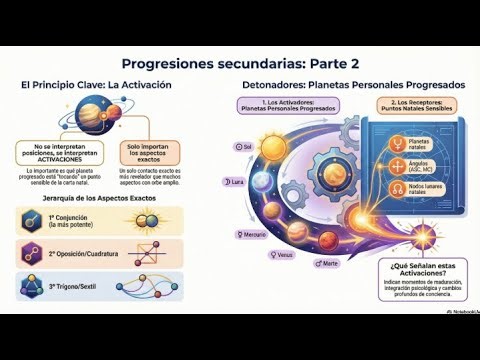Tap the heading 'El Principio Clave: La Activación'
pos(96,86)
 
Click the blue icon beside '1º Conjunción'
pos(31,221)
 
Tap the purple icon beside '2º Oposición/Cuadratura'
pos(31,254)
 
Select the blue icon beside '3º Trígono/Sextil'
pos(31,288)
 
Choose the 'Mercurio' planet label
pos(252,235)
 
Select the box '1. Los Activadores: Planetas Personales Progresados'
pos(278,108)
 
